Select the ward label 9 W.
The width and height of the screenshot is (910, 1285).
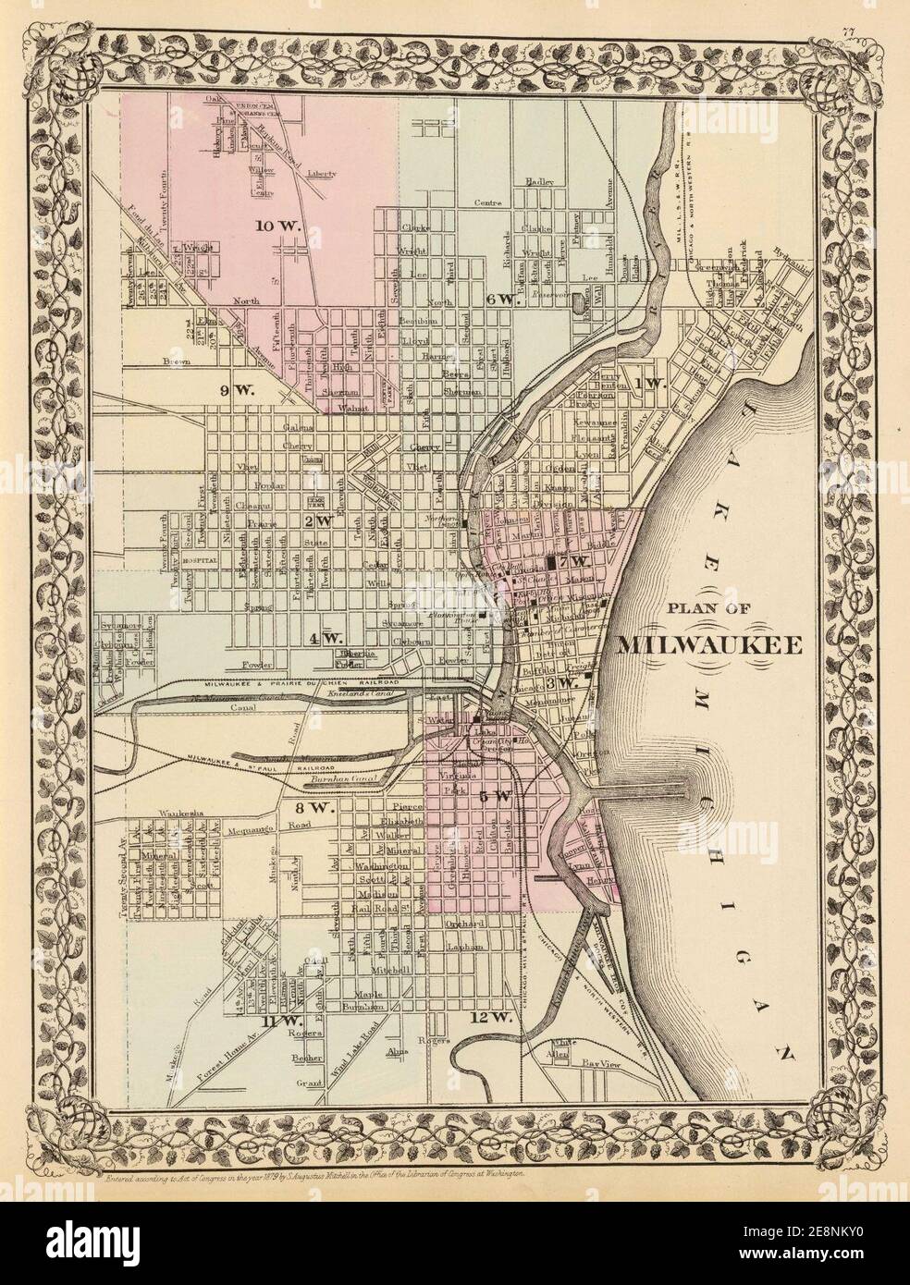coord(233,391)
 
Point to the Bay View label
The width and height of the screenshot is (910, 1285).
coord(599,1065)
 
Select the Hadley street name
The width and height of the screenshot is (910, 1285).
coord(536,181)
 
